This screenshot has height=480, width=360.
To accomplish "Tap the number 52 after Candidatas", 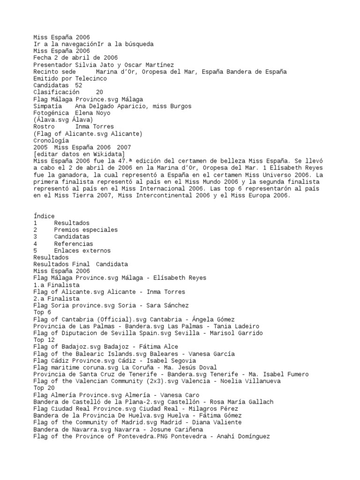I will tap(79, 85).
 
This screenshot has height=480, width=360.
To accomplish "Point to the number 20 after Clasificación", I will tap(99, 92).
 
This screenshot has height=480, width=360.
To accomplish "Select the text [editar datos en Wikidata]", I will tap(79, 154).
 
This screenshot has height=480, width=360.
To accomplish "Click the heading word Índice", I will tap(44, 216).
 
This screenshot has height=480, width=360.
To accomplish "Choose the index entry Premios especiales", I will tap(86, 230).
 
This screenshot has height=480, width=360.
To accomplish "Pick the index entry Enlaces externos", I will tap(82, 250).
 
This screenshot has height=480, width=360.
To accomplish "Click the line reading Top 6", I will tap(42, 312).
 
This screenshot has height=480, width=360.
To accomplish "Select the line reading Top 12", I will tap(44, 340).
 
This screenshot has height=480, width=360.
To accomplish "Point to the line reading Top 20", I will tap(44, 388).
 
